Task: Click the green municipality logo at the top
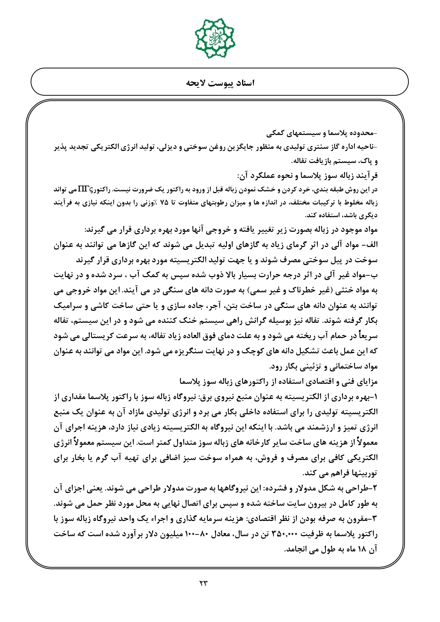[215, 35]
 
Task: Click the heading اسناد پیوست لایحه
[220, 83]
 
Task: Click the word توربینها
[365, 473]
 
